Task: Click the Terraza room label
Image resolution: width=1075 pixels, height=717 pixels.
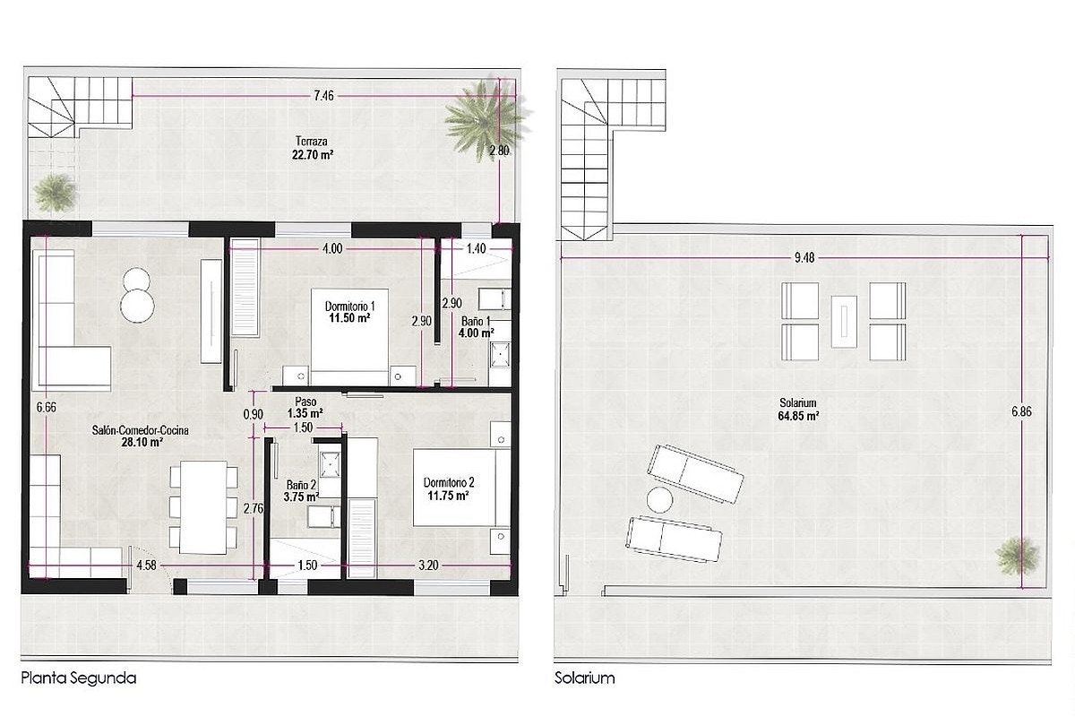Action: point(312,142)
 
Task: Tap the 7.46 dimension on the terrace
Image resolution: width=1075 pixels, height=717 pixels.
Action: point(324,96)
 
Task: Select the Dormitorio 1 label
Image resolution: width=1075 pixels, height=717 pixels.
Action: point(350,306)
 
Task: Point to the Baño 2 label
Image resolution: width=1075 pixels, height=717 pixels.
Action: point(301,485)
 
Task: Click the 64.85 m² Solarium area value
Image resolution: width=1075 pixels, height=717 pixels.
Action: point(798,415)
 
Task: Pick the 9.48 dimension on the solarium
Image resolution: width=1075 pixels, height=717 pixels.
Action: point(804,258)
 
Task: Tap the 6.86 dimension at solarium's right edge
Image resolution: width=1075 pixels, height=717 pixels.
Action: point(1021,411)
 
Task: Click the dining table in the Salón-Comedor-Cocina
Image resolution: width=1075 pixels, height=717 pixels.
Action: point(203,507)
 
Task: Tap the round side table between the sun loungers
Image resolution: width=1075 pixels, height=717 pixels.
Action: point(659,500)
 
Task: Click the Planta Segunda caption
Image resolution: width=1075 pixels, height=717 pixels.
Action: point(79,678)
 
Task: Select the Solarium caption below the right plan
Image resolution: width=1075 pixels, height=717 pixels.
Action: point(584,678)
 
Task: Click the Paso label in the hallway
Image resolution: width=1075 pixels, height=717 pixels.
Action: point(305,402)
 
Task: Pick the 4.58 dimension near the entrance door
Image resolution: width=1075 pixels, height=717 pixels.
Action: point(146,566)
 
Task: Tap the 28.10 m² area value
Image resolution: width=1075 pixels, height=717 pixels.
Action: point(142,443)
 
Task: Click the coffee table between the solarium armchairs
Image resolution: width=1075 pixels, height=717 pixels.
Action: point(844,322)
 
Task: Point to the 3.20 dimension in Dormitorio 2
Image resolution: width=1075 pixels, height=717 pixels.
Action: point(428,566)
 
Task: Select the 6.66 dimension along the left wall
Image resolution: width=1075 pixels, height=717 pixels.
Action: point(46,407)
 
